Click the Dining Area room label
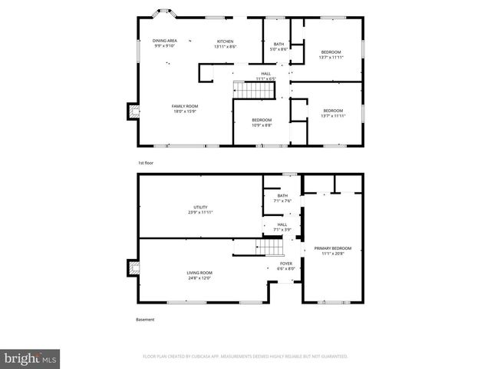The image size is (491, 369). [x=165, y=42]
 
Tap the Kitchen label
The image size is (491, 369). [x=225, y=43]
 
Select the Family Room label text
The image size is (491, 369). [x=185, y=108]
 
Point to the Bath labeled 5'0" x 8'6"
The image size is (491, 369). [x=279, y=47]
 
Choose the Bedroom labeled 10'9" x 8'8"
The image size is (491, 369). [x=262, y=122]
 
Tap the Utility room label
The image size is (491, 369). [x=201, y=209]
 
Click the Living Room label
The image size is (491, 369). [x=199, y=275]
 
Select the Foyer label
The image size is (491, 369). [x=285, y=266]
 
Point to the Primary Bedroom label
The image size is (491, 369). [x=333, y=251]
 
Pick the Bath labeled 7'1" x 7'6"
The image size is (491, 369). [x=282, y=198]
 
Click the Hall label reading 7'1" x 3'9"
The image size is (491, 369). [x=282, y=227]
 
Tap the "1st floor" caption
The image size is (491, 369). [x=146, y=163]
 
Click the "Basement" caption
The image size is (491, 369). [x=146, y=319]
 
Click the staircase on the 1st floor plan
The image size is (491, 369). [x=254, y=90]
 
